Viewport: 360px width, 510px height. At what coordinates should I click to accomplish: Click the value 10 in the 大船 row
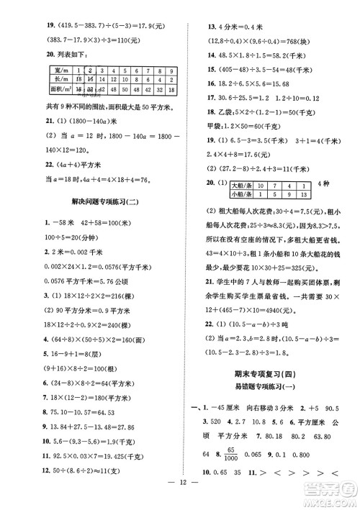243,186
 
